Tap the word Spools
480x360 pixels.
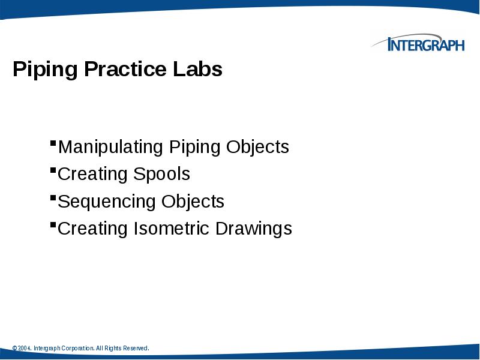click(x=161, y=175)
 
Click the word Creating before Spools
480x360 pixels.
click(x=93, y=175)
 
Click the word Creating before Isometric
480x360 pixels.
click(x=93, y=229)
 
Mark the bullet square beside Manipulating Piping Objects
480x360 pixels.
click(x=53, y=143)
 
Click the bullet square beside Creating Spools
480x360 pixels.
click(x=53, y=170)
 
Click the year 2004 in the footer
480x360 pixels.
click(x=25, y=349)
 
